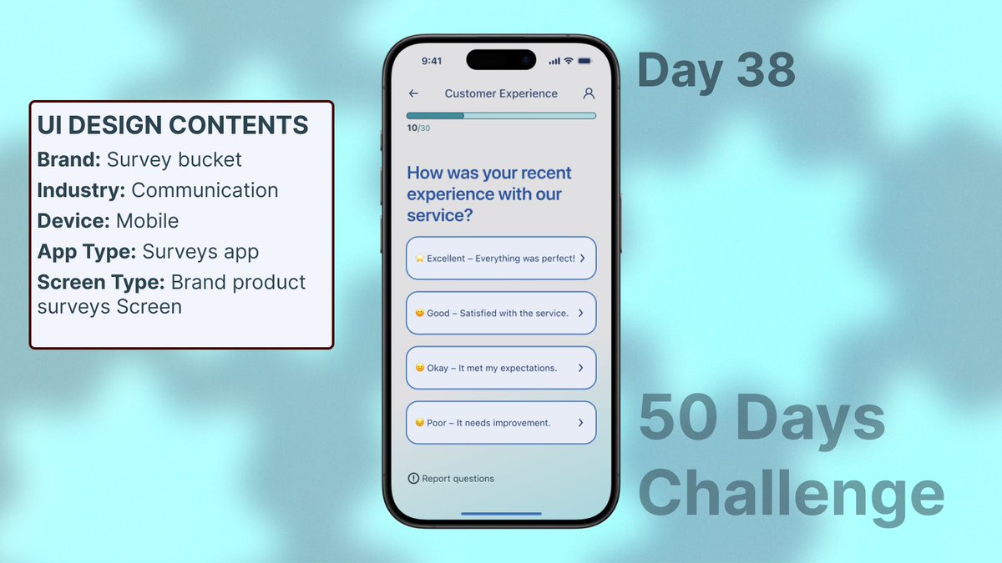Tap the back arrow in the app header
[413, 93]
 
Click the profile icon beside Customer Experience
[589, 93]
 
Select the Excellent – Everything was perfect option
[501, 259]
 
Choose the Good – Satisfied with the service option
[501, 313]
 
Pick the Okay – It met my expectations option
[501, 368]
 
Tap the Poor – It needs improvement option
[501, 423]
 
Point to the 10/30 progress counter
[418, 128]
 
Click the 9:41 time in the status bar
[432, 61]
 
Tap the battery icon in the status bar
[584, 61]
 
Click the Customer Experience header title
[501, 93]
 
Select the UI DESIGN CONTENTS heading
[173, 125]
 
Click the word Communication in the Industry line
[205, 190]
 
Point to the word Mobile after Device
[147, 221]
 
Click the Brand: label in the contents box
[69, 159]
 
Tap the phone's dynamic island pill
[501, 60]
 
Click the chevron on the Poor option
[580, 423]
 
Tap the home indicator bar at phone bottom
[501, 514]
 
